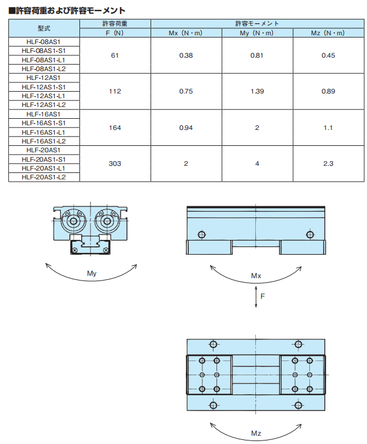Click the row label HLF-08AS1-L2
(x=44, y=69)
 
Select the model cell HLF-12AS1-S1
(x=44, y=87)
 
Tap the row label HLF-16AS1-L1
(x=44, y=132)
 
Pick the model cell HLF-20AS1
(x=44, y=150)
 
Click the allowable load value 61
(x=115, y=55)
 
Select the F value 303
(x=115, y=163)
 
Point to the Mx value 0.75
(x=186, y=91)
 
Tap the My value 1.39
(x=257, y=91)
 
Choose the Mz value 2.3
(x=328, y=163)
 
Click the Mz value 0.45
(x=328, y=55)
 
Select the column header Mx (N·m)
(x=185, y=33)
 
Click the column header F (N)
(x=115, y=33)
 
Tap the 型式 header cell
(x=44, y=28)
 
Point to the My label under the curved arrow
(x=92, y=273)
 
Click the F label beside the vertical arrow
(x=262, y=296)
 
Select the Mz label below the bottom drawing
(x=256, y=433)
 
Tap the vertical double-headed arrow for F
(x=256, y=296)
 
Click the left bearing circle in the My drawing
(x=74, y=221)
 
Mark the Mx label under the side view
(x=256, y=276)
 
